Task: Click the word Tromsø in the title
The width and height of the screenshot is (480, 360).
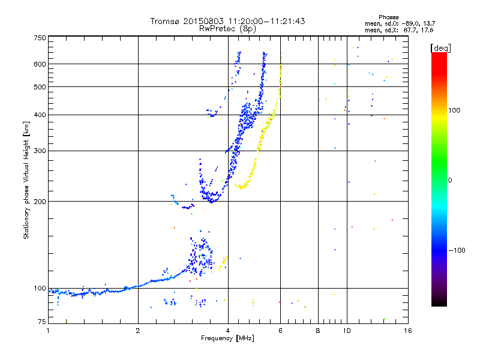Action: point(164,21)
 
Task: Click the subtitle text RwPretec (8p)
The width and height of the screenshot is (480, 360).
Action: point(227,29)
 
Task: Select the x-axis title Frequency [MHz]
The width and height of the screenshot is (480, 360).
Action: point(227,338)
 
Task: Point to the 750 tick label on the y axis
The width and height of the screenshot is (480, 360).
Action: point(40,38)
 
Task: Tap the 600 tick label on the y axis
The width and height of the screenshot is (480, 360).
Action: point(40,64)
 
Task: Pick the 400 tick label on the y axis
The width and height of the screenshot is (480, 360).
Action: point(40,115)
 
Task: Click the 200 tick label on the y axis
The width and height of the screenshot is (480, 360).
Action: point(40,202)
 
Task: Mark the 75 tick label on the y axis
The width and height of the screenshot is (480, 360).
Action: point(42,322)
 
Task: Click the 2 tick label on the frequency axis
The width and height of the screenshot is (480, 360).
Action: point(138,331)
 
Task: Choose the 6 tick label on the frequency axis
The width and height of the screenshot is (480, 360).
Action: point(280,331)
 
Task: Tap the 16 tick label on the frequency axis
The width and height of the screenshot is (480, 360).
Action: point(408,331)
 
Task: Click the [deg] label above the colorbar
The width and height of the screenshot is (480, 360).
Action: point(440,48)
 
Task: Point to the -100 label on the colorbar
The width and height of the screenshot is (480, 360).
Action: point(457,250)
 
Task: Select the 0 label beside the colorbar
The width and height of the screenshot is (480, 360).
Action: point(450,180)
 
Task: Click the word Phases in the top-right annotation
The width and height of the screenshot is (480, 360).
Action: point(389,17)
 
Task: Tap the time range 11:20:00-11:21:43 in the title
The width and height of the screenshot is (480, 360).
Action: point(266,21)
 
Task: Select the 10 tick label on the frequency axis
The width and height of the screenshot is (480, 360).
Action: point(347,331)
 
